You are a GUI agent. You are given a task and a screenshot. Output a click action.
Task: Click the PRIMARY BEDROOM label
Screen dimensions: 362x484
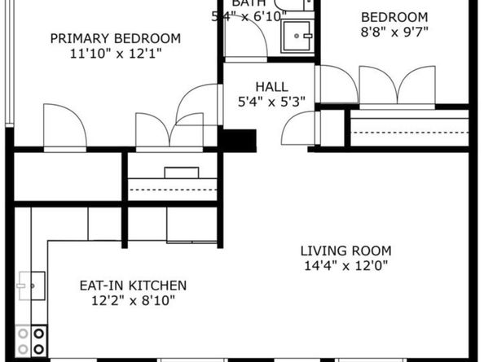coord(115,38)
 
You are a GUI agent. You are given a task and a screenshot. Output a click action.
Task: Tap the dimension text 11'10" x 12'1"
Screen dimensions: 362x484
coord(115,54)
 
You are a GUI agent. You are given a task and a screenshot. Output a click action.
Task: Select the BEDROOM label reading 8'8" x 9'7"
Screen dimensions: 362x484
coord(394,17)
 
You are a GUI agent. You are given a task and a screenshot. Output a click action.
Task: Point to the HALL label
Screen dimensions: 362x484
coord(271,87)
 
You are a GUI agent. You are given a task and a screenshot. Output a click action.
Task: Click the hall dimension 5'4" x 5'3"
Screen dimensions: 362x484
coord(271,102)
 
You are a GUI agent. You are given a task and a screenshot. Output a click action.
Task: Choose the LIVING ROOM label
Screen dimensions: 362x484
coord(345,251)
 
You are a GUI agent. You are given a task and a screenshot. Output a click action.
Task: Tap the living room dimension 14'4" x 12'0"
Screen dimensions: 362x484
coord(345,266)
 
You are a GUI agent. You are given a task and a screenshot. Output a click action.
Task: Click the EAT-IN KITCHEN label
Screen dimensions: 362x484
coord(133,286)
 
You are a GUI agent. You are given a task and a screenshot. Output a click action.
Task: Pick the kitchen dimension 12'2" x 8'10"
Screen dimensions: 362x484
coord(133,301)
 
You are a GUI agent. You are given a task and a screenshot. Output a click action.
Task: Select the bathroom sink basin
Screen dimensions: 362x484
coord(297,36)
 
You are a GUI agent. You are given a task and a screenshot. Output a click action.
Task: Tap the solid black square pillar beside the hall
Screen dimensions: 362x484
coord(240,140)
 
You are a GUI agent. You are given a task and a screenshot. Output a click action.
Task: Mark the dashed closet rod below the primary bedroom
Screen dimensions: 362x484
coord(172,189)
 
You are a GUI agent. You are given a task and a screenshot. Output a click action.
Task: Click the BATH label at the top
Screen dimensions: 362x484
coord(247,3)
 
